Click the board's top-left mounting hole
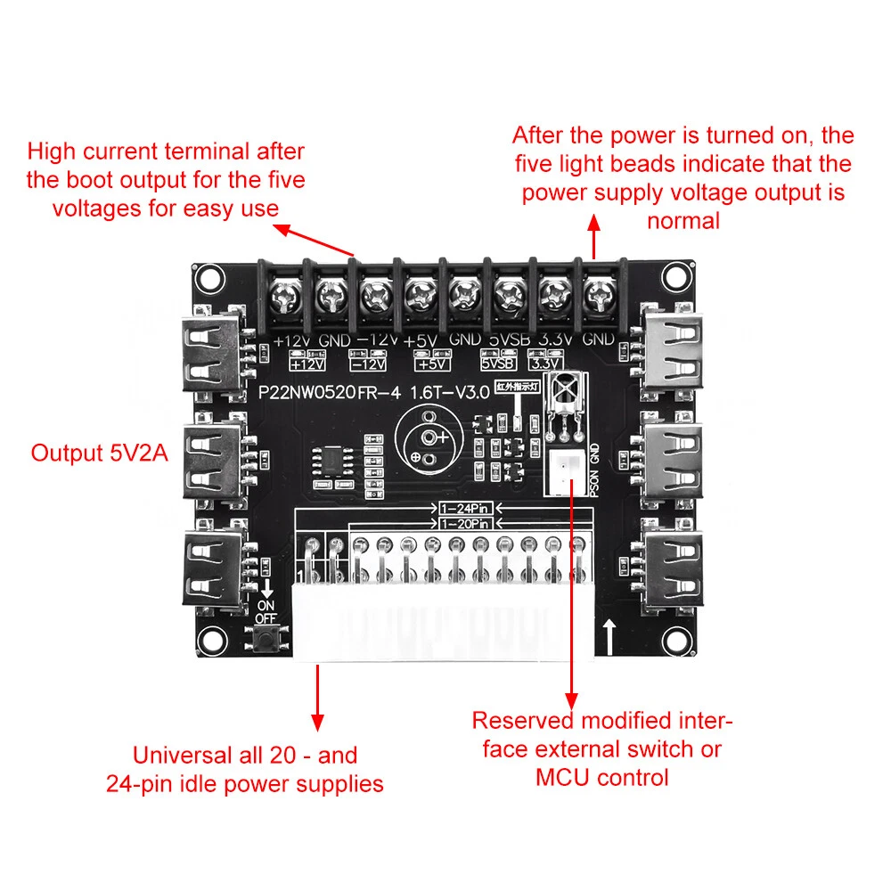[208, 278]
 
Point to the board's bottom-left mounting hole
[210, 639]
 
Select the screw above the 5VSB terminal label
[509, 292]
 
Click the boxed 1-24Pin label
[464, 509]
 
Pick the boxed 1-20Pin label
[464, 524]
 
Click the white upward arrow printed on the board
[609, 636]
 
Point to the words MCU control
[601, 778]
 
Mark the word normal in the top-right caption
[683, 220]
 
